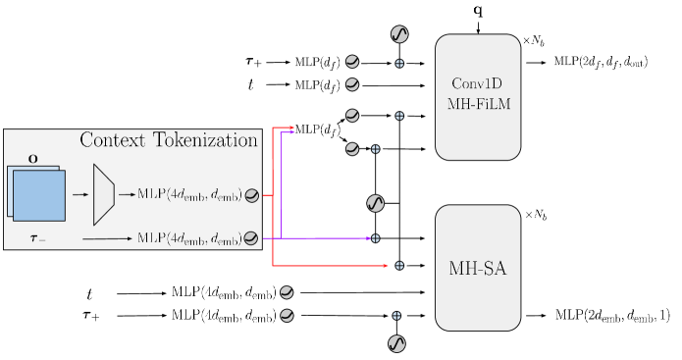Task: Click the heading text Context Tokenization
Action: tap(168, 140)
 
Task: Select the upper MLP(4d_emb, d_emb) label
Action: tap(190, 196)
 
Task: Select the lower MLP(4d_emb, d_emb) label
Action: tap(190, 237)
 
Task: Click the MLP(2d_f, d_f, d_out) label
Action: tap(600, 62)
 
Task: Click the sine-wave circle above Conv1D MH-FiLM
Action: tap(399, 34)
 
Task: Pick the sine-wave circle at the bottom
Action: tap(397, 343)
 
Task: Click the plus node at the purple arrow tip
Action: tap(375, 238)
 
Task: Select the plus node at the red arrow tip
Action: tap(398, 266)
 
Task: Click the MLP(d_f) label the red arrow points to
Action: tap(319, 129)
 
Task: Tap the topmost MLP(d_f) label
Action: tap(317, 62)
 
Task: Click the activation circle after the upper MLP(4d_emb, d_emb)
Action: tap(252, 196)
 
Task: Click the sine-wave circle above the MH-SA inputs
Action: tap(375, 203)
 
